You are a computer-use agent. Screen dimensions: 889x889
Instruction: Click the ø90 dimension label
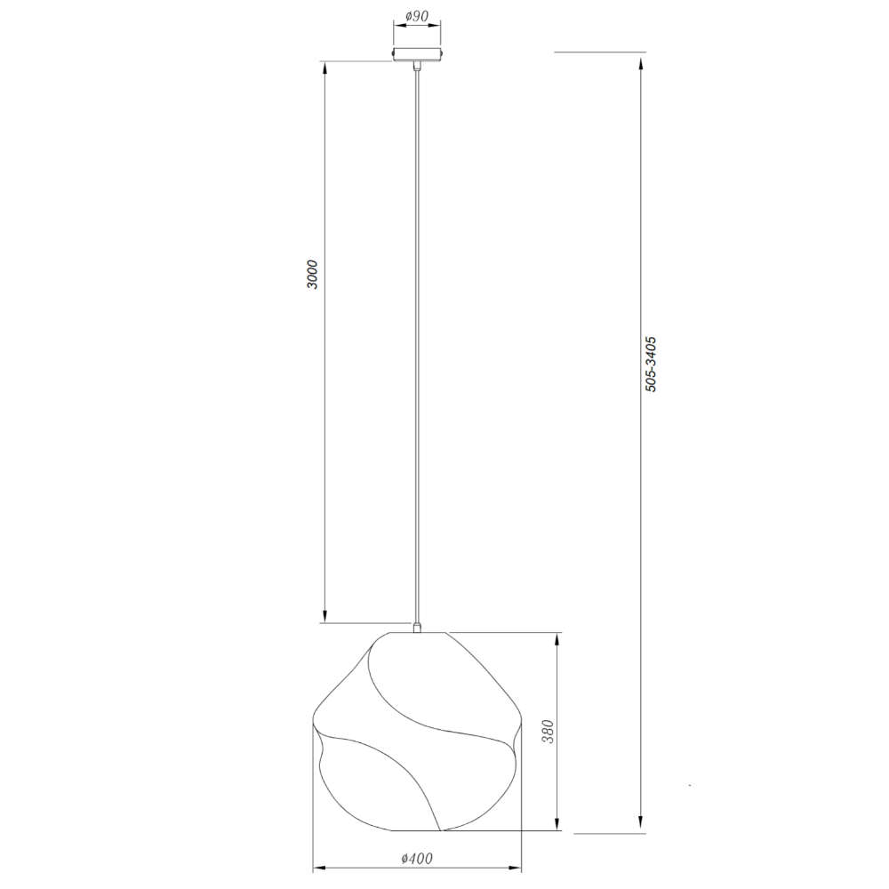(417, 16)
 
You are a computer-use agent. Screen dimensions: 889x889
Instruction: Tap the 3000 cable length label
(312, 275)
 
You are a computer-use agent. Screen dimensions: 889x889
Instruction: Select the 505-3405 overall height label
(651, 364)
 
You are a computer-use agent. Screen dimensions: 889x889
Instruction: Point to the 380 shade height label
(548, 732)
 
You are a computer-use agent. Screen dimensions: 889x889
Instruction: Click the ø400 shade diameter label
(417, 859)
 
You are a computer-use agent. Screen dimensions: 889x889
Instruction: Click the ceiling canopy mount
(417, 54)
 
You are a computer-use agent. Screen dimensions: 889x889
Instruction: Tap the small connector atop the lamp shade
(417, 627)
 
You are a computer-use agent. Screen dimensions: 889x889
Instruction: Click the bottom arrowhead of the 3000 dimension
(324, 616)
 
